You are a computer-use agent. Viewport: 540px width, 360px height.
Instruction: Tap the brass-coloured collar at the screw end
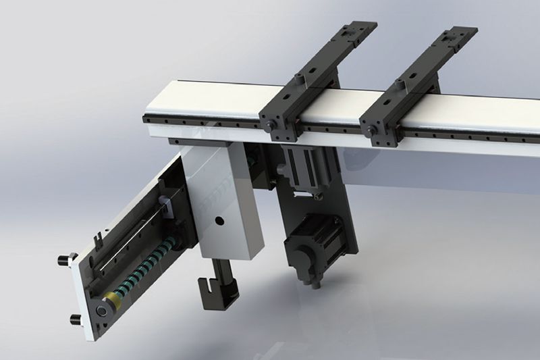click(x=110, y=302)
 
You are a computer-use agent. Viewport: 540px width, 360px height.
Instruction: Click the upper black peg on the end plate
click(x=63, y=259)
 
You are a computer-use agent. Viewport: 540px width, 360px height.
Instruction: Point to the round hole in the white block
click(x=217, y=221)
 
